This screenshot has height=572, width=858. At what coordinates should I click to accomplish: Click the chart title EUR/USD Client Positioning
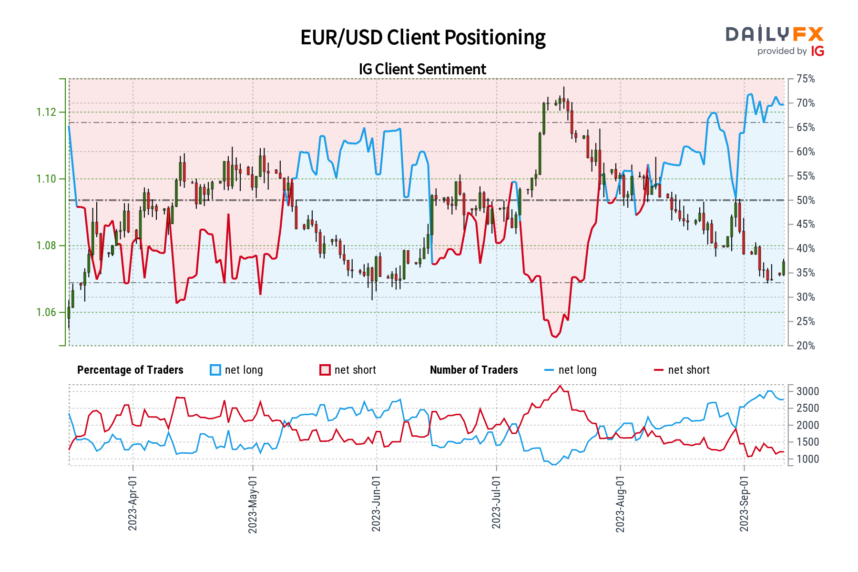[423, 38]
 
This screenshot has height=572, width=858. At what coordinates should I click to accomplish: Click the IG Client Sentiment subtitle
[422, 69]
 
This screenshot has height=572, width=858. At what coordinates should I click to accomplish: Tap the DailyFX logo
[775, 41]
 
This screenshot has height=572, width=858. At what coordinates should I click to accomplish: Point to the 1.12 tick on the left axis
[46, 112]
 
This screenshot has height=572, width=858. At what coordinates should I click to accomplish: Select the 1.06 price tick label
[46, 313]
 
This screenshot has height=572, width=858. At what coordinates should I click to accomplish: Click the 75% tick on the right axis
[806, 79]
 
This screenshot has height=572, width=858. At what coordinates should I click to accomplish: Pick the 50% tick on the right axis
[806, 200]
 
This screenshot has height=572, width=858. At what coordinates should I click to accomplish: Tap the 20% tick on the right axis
[806, 346]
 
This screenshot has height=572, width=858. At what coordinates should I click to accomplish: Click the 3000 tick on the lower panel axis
[807, 391]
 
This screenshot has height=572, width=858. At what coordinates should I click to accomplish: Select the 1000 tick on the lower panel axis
[807, 459]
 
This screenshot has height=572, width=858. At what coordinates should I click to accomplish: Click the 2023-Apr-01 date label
[133, 503]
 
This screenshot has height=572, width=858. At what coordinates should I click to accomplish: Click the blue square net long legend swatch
[215, 370]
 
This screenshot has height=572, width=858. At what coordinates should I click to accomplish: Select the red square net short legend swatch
[325, 370]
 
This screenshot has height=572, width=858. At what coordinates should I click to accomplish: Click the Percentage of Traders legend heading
[130, 370]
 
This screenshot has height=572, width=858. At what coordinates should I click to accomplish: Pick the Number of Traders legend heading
[474, 370]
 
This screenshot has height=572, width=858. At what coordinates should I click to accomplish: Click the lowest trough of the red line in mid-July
[555, 337]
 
